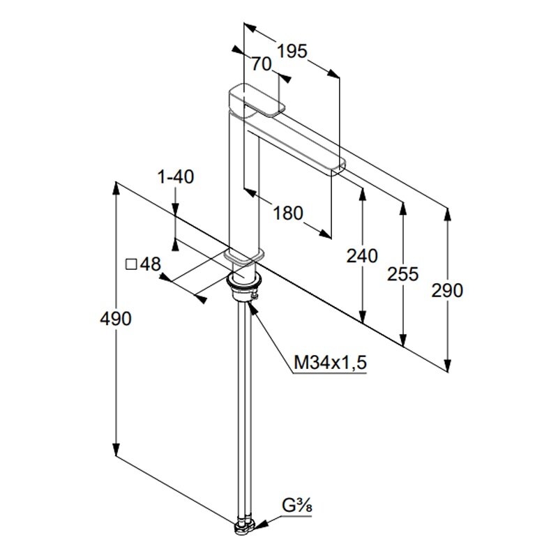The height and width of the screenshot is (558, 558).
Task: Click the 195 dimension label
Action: tap(292, 51)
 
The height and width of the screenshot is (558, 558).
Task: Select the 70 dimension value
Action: tap(262, 64)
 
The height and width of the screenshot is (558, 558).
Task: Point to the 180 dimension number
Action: tap(288, 213)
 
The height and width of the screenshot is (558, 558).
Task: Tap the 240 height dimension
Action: tap(362, 256)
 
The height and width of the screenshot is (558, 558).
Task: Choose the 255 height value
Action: tap(403, 274)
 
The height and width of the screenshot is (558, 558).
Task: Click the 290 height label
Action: tap(447, 290)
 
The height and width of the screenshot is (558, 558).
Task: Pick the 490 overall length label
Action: tap(116, 319)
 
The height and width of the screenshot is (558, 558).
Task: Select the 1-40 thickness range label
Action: tap(176, 177)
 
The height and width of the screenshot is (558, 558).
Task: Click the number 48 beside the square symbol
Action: tap(151, 264)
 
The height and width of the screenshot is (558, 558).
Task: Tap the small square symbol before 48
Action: tap(132, 264)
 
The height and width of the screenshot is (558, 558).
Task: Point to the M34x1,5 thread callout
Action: tap(330, 363)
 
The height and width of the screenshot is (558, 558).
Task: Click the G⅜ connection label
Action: tap(297, 505)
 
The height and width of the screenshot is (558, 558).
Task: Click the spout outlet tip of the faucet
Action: tap(338, 169)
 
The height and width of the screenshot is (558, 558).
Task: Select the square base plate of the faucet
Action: tap(245, 257)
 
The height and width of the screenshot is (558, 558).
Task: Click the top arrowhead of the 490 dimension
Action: tap(116, 188)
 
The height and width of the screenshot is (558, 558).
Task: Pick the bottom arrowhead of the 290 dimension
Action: tap(448, 365)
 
